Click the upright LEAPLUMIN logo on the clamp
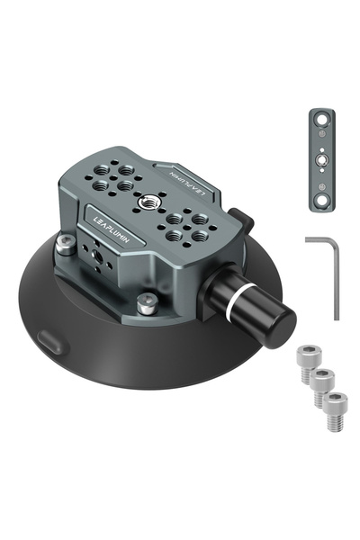112,229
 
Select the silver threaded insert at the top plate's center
147,202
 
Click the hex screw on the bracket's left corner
66,245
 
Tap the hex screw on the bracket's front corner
148,303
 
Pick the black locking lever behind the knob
242,221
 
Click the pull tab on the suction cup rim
51,341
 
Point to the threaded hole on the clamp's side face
96,256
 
